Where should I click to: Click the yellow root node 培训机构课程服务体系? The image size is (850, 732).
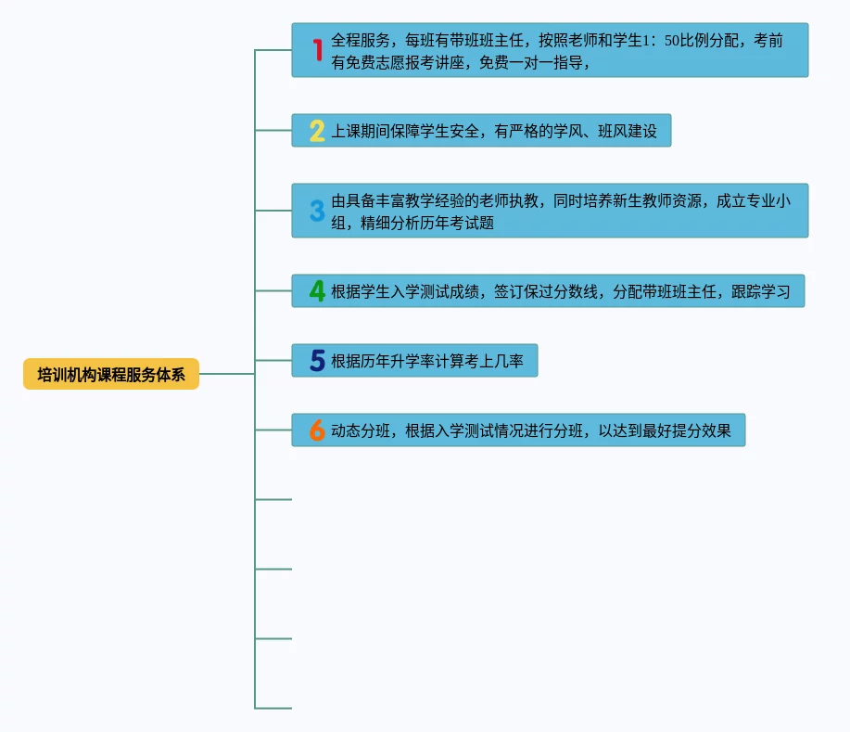click(111, 374)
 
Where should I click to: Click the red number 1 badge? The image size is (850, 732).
click(317, 50)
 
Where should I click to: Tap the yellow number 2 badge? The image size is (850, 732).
click(317, 131)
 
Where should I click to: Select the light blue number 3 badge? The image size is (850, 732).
click(317, 211)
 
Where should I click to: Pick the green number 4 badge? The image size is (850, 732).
click(317, 291)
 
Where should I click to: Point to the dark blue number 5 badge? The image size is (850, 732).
click(317, 361)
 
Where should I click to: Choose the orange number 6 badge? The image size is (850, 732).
click(317, 430)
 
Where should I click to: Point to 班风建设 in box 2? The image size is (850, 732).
click(626, 131)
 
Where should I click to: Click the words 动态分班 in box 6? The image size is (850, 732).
click(362, 430)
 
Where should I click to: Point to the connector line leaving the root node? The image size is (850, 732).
click(226, 374)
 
